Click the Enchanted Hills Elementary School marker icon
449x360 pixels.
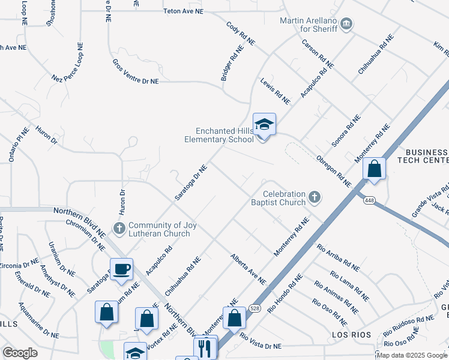(x=264, y=126)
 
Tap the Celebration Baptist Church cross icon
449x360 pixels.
(x=314, y=196)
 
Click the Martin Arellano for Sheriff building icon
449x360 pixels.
(x=346, y=25)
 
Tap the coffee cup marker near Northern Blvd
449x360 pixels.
(x=121, y=269)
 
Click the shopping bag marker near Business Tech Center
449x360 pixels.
(x=375, y=169)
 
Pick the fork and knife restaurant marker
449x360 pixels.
(x=205, y=347)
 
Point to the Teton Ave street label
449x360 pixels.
(x=187, y=11)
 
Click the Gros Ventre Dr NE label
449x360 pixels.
(x=136, y=71)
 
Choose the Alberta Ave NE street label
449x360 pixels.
(x=248, y=268)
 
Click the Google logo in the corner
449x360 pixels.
(x=20, y=353)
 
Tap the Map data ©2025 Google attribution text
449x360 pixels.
(x=412, y=355)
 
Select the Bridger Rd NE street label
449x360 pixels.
(x=231, y=65)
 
